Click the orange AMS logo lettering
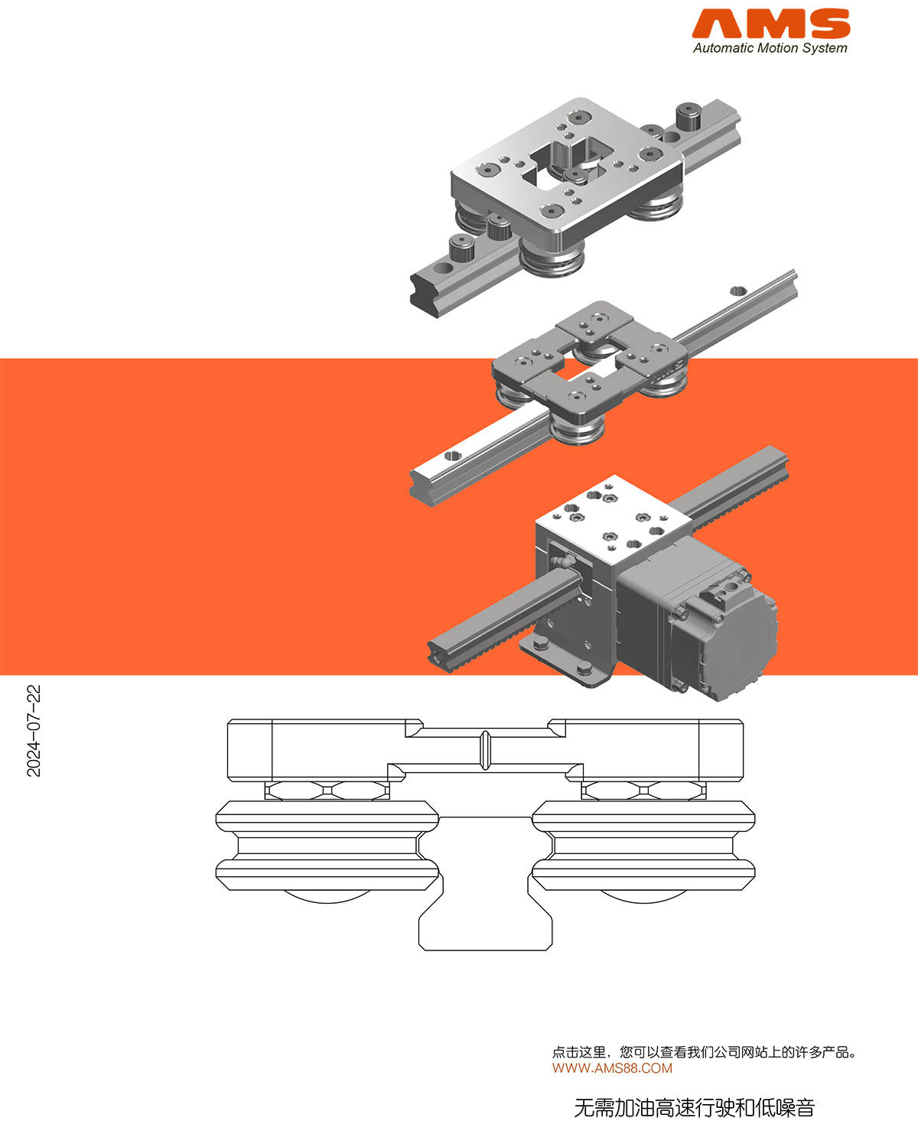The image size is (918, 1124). click(x=771, y=24)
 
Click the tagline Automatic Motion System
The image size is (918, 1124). click(x=770, y=48)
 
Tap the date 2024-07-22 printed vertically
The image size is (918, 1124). click(x=34, y=731)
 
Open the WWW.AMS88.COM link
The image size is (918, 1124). click(x=612, y=1068)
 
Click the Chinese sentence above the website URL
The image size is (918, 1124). click(x=704, y=1052)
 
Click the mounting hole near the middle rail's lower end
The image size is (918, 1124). click(x=452, y=456)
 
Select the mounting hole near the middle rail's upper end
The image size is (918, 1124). click(x=737, y=291)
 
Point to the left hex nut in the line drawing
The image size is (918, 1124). click(x=327, y=791)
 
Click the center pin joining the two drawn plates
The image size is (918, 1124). click(x=485, y=750)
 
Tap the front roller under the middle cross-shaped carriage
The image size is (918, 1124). click(x=578, y=430)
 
